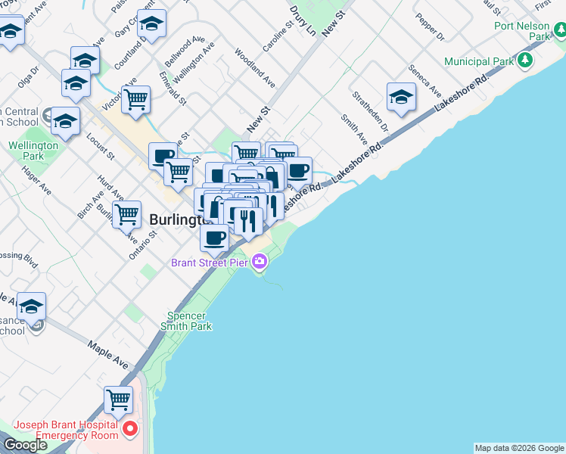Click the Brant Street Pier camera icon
pos(260,262)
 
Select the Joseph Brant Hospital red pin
pos(129,429)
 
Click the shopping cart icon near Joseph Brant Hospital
pos(118,399)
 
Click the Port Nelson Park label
pos(522,30)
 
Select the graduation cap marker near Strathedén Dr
pos(401,96)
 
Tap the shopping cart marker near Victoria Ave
pos(135,98)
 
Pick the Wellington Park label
pos(33,151)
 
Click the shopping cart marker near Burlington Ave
pos(127,214)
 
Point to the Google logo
pos(25,445)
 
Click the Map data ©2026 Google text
pos(519,448)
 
